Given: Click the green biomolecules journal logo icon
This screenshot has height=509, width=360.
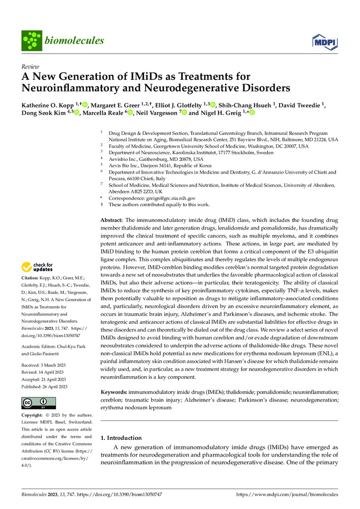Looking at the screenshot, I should [x=32, y=40].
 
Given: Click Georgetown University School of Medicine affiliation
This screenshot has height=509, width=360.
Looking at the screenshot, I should [x=195, y=146].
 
